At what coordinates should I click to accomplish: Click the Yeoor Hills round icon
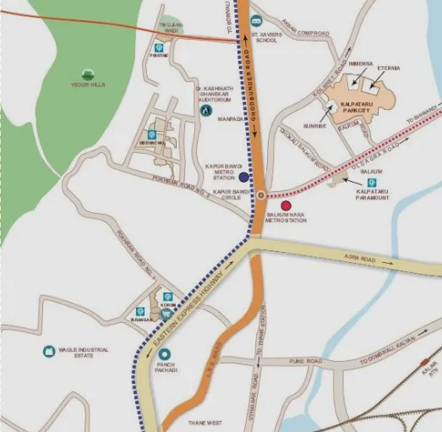[x=87, y=74]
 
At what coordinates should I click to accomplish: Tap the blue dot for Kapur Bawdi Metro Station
[x=243, y=178]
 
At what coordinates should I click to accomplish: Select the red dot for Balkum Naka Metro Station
[x=286, y=205]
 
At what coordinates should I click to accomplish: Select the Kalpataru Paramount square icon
[x=373, y=183]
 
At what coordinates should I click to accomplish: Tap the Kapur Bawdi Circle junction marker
[x=261, y=195]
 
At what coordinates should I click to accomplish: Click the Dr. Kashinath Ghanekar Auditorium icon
[x=207, y=110]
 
